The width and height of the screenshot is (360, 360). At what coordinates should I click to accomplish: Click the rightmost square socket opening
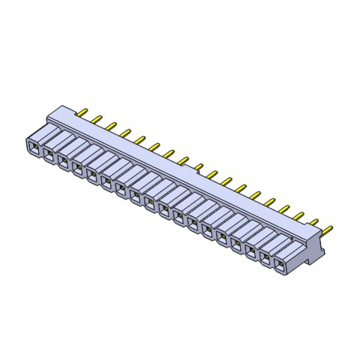pyautogui.click(x=280, y=264)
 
